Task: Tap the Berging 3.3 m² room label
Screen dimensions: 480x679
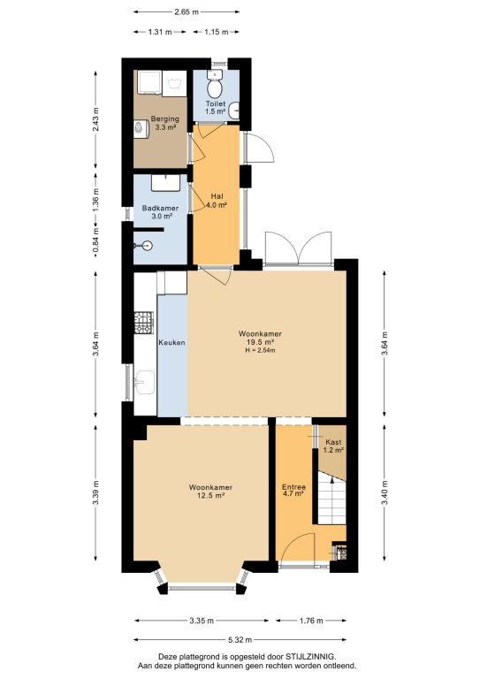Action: (165, 123)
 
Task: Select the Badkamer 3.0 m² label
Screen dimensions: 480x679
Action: (160, 212)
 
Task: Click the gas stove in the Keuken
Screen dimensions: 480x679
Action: (144, 322)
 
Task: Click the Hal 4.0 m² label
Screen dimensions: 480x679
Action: (217, 201)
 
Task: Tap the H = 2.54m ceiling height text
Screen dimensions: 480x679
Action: (260, 350)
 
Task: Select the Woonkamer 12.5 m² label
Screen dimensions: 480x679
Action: (210, 492)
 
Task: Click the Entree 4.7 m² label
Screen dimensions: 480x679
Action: (293, 490)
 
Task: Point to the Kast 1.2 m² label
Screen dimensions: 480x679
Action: (333, 446)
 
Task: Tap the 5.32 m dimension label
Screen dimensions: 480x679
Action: (240, 640)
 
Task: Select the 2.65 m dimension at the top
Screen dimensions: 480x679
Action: (187, 12)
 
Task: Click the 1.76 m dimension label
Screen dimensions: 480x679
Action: (311, 621)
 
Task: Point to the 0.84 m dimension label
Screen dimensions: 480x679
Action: (96, 241)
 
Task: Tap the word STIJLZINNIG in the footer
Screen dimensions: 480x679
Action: (309, 657)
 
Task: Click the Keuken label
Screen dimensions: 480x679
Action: (171, 342)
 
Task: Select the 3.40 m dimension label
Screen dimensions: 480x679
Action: (385, 493)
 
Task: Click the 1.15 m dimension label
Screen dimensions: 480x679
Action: (216, 32)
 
